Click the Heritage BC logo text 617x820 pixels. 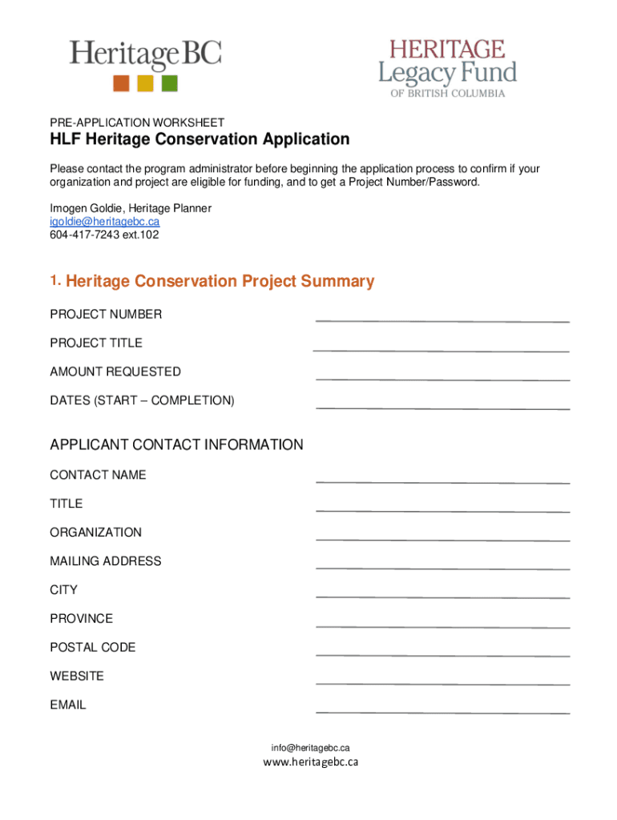144,56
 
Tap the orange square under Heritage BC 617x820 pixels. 121,83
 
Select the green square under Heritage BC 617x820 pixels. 169,83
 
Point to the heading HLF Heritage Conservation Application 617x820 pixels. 200,140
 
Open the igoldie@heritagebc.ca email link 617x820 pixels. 104,222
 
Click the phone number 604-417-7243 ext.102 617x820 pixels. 104,235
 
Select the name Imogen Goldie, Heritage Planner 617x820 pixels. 131,208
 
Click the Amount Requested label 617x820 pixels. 115,372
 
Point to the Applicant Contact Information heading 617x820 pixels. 176,445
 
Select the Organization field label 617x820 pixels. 95,533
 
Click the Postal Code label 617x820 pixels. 92,647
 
